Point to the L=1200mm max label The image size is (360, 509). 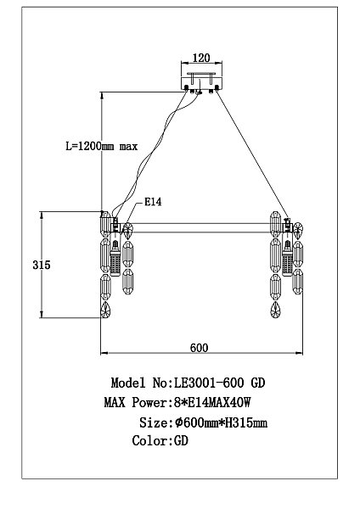pos(101,146)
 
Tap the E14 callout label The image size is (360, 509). pos(154,202)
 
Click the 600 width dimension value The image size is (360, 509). pos(200,347)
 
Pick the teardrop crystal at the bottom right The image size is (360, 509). pos(297,309)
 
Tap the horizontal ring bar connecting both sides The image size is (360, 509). pos(200,227)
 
